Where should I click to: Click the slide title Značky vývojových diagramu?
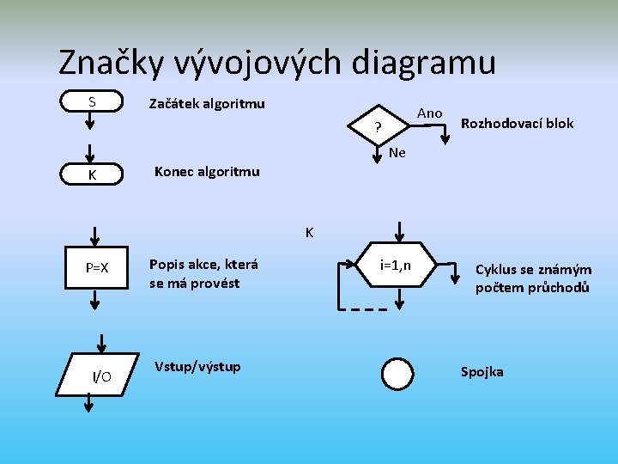276,62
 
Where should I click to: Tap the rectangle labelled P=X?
96,267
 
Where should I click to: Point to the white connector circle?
398,375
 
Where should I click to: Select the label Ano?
429,113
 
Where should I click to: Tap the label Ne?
397,153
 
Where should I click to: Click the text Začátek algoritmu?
207,104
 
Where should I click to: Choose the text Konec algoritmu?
206,171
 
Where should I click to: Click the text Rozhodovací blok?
517,123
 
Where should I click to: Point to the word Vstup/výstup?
197,367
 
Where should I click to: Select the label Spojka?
482,371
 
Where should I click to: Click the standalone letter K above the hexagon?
309,232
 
